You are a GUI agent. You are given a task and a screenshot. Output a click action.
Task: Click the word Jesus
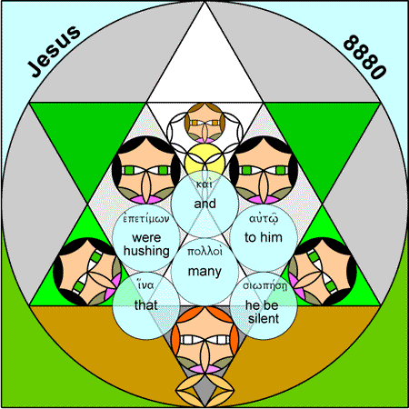pyautogui.click(x=55, y=51)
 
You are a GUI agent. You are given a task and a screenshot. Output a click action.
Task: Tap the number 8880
pyautogui.click(x=365, y=57)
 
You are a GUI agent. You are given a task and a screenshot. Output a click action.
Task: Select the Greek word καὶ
pyautogui.click(x=204, y=185)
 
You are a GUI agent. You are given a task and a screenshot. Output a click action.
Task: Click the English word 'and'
pyautogui.click(x=204, y=204)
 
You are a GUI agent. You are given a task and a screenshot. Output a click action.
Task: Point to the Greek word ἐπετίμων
pyautogui.click(x=146, y=219)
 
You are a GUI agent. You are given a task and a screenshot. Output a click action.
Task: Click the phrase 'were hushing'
pyautogui.click(x=146, y=244)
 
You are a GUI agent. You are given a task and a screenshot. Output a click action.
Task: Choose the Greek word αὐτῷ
pyautogui.click(x=264, y=219)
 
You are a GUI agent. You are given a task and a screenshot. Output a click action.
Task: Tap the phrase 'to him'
pyautogui.click(x=264, y=237)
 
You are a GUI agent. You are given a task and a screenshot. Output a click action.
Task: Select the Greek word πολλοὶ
pyautogui.click(x=204, y=252)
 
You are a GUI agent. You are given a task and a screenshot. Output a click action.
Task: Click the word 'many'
pyautogui.click(x=204, y=272)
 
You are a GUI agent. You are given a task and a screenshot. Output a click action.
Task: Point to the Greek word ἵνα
pyautogui.click(x=145, y=285)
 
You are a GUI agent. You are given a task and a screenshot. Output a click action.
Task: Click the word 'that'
pyautogui.click(x=145, y=305)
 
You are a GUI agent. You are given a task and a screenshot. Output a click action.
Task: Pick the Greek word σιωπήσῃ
pyautogui.click(x=264, y=285)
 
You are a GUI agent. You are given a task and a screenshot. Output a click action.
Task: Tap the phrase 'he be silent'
pyautogui.click(x=263, y=312)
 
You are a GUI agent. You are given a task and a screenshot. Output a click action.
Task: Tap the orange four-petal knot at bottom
pyautogui.click(x=204, y=391)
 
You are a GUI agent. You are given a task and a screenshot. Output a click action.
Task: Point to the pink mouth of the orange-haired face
pyautogui.click(x=204, y=369)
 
